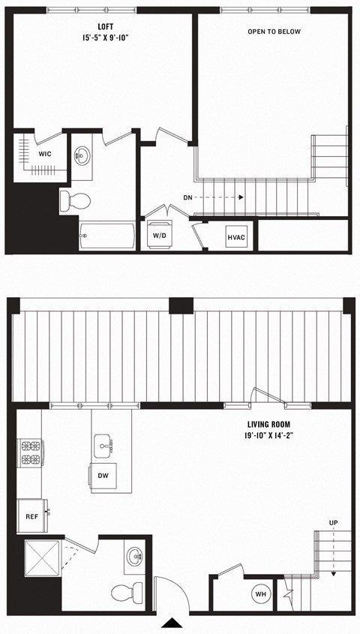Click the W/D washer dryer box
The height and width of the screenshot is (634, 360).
click(x=159, y=236)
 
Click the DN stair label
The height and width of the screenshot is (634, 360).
click(x=189, y=198)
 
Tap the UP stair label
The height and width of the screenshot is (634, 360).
click(x=332, y=522)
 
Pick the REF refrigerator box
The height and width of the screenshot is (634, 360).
click(x=31, y=516)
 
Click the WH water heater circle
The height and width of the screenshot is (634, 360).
click(x=261, y=594)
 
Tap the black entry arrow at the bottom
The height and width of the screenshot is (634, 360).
click(x=172, y=623)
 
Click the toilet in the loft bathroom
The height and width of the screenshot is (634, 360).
click(x=75, y=200)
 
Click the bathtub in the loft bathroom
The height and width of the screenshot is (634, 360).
click(x=107, y=236)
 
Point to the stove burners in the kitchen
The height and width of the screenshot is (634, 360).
click(x=31, y=452)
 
